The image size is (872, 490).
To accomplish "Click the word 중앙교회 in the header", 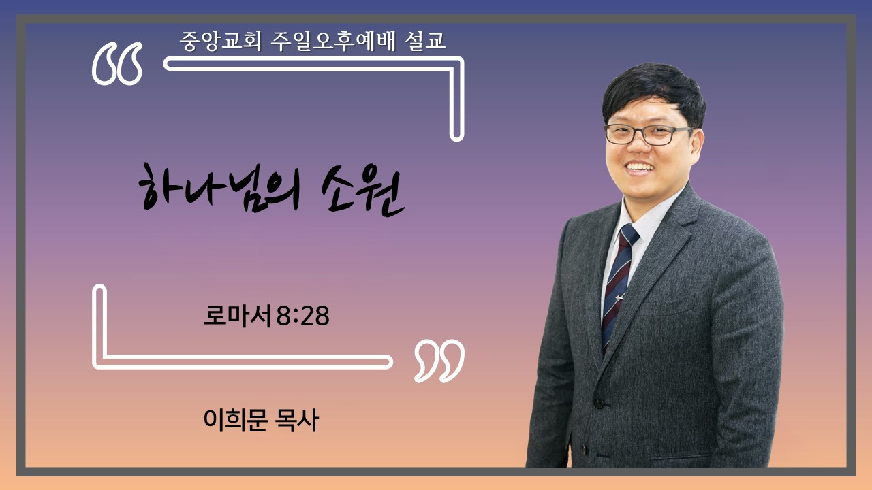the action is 220,41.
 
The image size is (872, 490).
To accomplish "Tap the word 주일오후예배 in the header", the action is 333,41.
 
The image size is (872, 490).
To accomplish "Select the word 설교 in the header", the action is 425,41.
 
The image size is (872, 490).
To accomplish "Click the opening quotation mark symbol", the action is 117,63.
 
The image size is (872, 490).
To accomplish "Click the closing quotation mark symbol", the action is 439,361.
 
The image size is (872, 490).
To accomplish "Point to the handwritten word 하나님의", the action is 220,189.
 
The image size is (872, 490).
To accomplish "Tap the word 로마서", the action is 237,315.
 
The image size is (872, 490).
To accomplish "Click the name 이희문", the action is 235,420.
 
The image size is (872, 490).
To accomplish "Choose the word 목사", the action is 297,420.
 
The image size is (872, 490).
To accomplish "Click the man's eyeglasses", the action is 648,135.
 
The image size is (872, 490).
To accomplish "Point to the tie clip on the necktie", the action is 619,298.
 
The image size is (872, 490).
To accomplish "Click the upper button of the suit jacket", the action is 598,404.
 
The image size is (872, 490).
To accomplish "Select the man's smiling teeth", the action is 640,168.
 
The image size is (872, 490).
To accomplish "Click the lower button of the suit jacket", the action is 584,450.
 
